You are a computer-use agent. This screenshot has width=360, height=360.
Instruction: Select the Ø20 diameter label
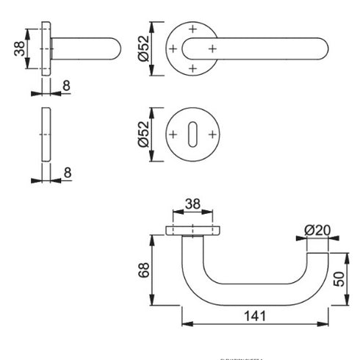317,229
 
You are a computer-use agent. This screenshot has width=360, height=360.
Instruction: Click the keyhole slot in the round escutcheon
193,135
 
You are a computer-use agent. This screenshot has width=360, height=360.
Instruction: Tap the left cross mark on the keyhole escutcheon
173,135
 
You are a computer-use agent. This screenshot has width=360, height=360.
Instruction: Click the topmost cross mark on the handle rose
192,29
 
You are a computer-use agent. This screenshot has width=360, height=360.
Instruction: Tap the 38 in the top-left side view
16,49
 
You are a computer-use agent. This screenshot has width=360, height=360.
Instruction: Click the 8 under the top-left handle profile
66,86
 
